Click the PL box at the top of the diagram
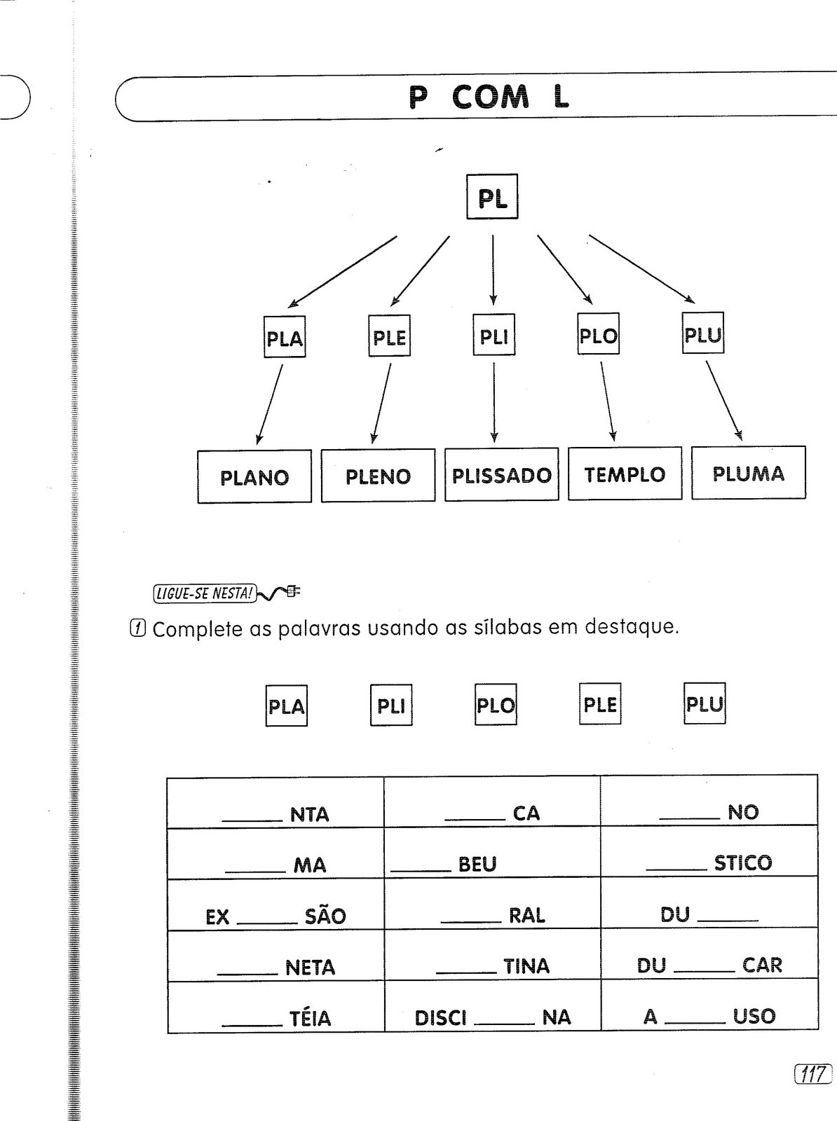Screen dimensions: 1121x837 click(492, 197)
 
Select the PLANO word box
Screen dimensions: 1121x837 click(254, 476)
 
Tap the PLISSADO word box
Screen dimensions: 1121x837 click(501, 474)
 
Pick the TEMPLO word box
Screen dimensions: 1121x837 click(625, 474)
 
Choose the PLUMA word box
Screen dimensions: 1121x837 click(748, 473)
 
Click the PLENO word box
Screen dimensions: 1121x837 click(378, 476)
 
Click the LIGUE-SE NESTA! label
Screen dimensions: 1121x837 click(204, 593)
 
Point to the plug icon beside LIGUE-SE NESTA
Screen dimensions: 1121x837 click(280, 593)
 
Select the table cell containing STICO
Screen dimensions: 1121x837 click(709, 853)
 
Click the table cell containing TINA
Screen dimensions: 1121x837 click(492, 956)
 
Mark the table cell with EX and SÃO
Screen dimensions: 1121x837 click(275, 905)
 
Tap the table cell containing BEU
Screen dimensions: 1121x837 click(492, 853)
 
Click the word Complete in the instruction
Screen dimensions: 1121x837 click(196, 628)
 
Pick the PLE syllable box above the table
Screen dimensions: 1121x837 click(600, 704)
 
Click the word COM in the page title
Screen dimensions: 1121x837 click(491, 98)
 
